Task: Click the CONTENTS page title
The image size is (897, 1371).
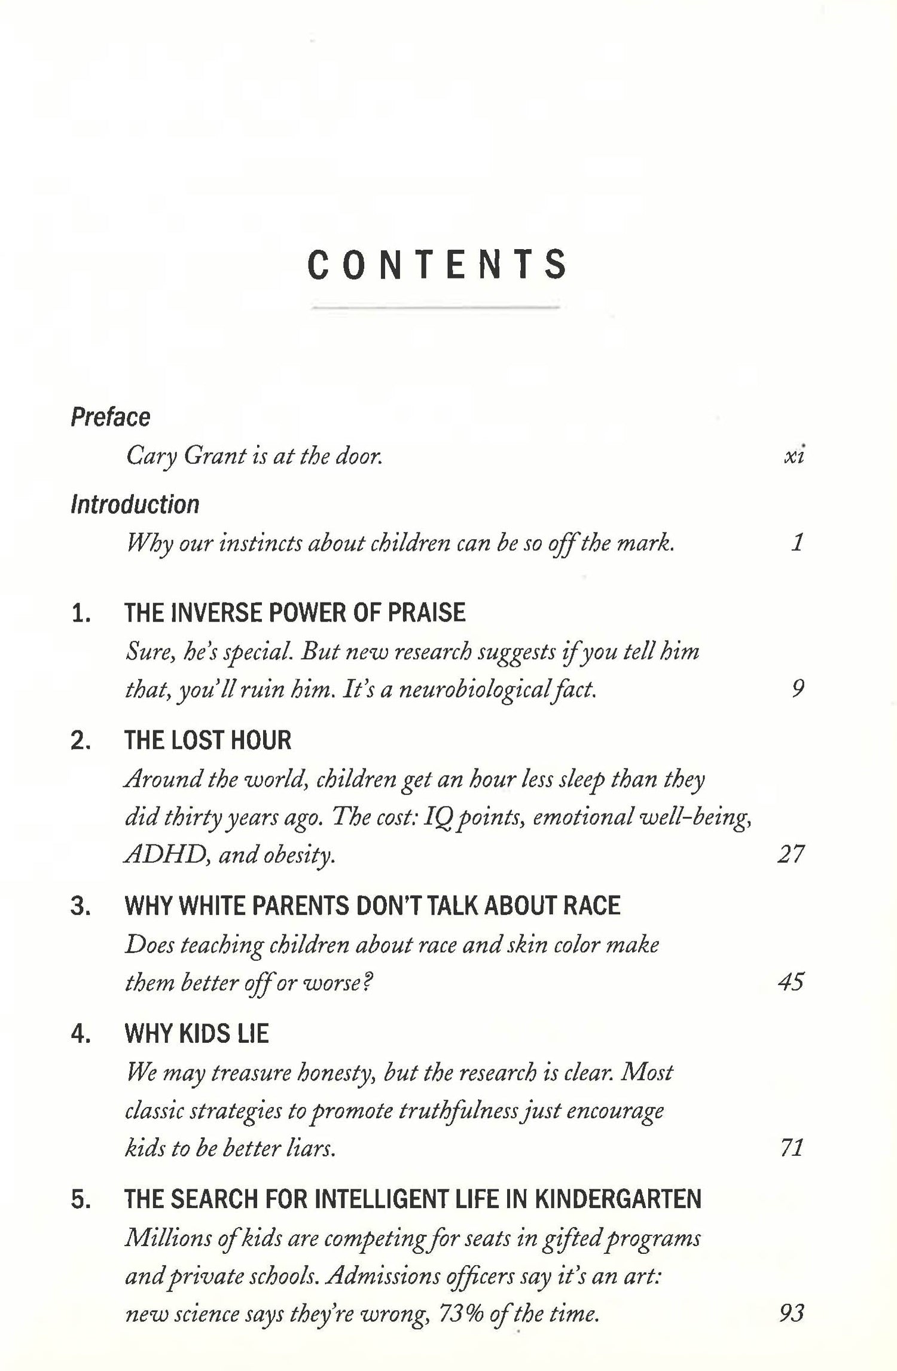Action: pos(437,265)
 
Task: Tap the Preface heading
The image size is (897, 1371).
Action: pos(110,417)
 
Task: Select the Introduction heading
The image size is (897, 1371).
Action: pos(135,504)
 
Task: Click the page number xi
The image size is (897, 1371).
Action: pos(794,457)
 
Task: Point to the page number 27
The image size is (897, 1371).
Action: pos(791,853)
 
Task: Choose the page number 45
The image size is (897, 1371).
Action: pos(791,981)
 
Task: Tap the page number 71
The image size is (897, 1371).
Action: pos(792,1147)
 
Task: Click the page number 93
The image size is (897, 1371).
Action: pos(792,1312)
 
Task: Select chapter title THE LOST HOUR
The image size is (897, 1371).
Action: pos(208,740)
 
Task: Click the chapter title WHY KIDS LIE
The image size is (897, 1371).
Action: pos(196,1033)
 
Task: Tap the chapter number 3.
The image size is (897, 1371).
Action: pos(80,906)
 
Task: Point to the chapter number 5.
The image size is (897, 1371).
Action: pos(80,1199)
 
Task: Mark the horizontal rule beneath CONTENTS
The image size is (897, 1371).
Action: pos(436,307)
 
